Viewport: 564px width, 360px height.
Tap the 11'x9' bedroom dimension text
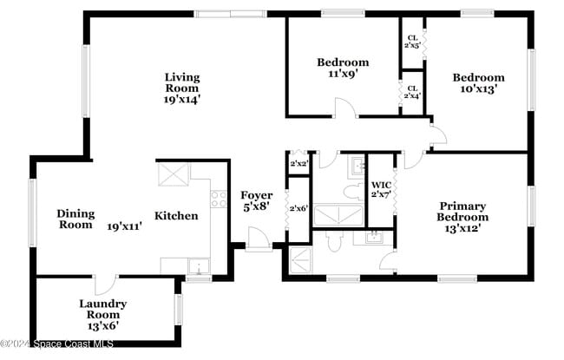(342, 75)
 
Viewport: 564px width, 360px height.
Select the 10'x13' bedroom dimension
(477, 89)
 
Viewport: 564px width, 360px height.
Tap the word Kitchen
(176, 216)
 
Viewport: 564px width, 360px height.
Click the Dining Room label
(75, 219)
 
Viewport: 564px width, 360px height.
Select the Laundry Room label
(102, 309)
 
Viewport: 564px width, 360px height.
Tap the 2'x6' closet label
(298, 208)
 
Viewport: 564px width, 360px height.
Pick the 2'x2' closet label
(298, 162)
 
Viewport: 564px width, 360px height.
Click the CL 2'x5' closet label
(412, 42)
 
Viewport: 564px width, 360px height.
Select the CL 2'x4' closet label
(412, 92)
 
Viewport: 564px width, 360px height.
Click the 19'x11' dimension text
(125, 226)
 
